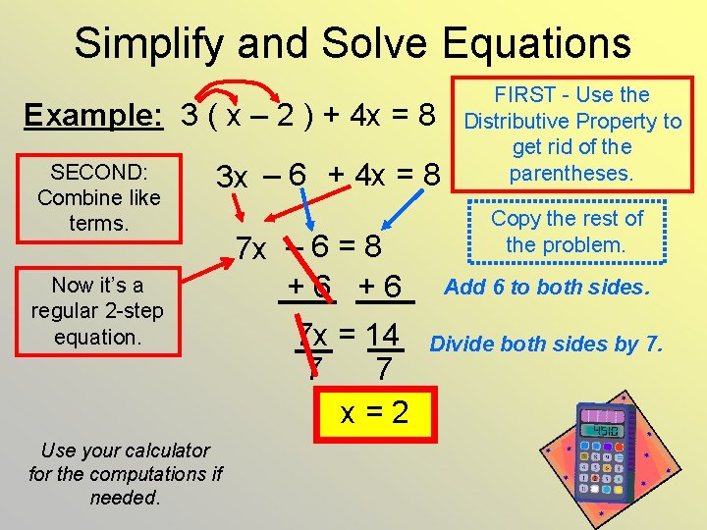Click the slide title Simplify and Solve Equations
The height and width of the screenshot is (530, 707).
tap(353, 43)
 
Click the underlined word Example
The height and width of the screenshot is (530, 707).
tap(93, 116)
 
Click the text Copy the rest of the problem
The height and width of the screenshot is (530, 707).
tap(567, 231)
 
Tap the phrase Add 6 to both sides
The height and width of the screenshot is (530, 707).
tap(548, 288)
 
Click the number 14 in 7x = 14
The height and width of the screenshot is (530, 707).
tap(382, 336)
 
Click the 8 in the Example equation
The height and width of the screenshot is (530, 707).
tap(427, 116)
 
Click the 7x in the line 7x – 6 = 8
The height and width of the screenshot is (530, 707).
tap(251, 248)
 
